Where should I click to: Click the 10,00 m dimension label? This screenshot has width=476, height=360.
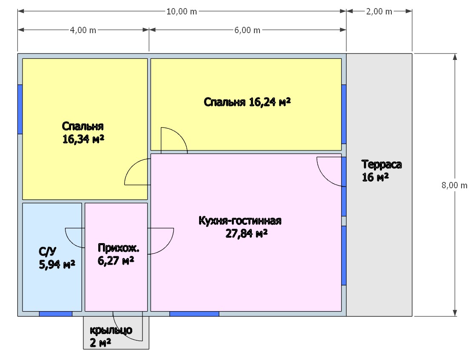coord(182,11)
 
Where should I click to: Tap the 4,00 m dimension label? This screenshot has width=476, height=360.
coord(83,30)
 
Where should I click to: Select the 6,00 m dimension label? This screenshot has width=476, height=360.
coord(247,30)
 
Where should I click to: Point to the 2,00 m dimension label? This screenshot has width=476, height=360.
coord(379,11)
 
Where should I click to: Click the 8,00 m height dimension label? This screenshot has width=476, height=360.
coord(454,185)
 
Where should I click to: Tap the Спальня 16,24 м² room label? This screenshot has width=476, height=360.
coord(247,102)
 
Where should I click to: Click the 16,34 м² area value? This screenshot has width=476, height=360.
coord(83,139)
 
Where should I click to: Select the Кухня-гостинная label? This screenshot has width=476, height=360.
coord(240,221)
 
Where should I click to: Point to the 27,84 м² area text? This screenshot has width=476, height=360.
coord(246,233)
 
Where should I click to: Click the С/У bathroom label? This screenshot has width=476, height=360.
coord(48,252)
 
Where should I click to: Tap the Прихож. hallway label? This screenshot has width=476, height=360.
coord(118,248)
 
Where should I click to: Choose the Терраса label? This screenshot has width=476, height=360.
coord(382,164)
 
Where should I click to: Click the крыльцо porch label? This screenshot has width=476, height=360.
coord(111,330)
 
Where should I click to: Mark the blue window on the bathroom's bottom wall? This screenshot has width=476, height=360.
coord(56,314)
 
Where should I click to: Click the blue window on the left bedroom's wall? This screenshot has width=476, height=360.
coord(20,109)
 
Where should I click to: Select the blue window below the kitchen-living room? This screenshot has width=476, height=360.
coord(194,314)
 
